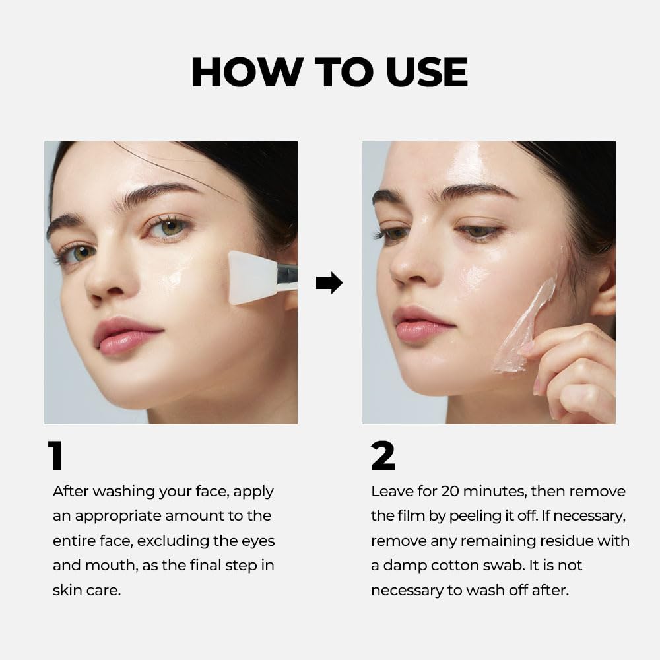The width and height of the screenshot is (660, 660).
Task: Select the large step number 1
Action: point(55,456)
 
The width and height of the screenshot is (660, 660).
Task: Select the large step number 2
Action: point(383,456)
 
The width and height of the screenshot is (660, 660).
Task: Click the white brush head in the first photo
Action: point(252,277)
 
